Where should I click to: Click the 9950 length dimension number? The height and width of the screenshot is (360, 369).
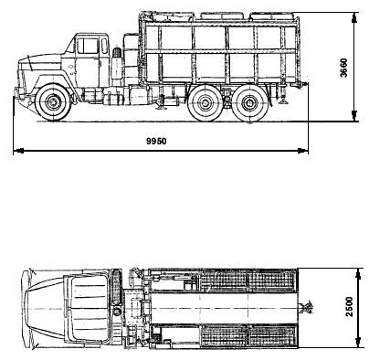pyautogui.click(x=156, y=142)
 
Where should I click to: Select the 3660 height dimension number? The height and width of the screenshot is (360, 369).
pyautogui.click(x=343, y=68)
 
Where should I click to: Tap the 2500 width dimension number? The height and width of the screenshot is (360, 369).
pyautogui.click(x=349, y=307)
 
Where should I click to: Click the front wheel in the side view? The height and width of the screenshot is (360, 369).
pyautogui.click(x=53, y=102)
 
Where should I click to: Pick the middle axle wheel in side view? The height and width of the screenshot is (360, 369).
pyautogui.click(x=203, y=103)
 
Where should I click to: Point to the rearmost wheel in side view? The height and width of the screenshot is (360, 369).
pyautogui.click(x=250, y=103)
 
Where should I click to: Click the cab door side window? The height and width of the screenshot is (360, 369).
pyautogui.click(x=88, y=46)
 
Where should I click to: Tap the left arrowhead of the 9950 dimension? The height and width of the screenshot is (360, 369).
pyautogui.click(x=19, y=151)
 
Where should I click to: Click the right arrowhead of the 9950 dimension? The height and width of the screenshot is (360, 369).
pyautogui.click(x=302, y=151)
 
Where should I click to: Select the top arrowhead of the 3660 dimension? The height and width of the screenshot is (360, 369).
pyautogui.click(x=353, y=17)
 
